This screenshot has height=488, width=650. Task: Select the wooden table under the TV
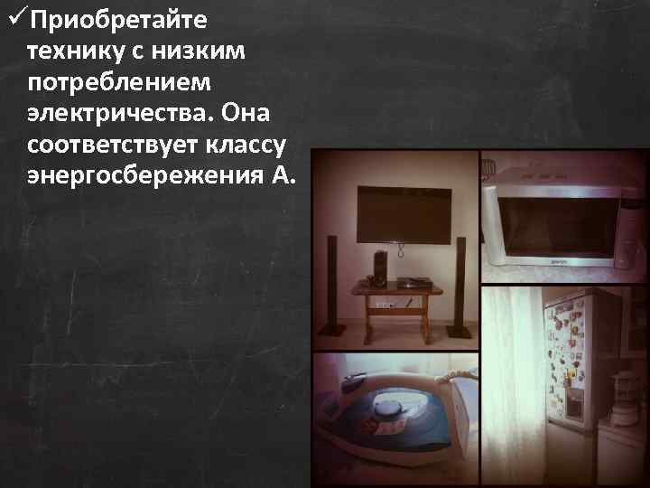tap(396, 303)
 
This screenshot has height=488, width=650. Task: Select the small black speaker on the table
tap(379, 267)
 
